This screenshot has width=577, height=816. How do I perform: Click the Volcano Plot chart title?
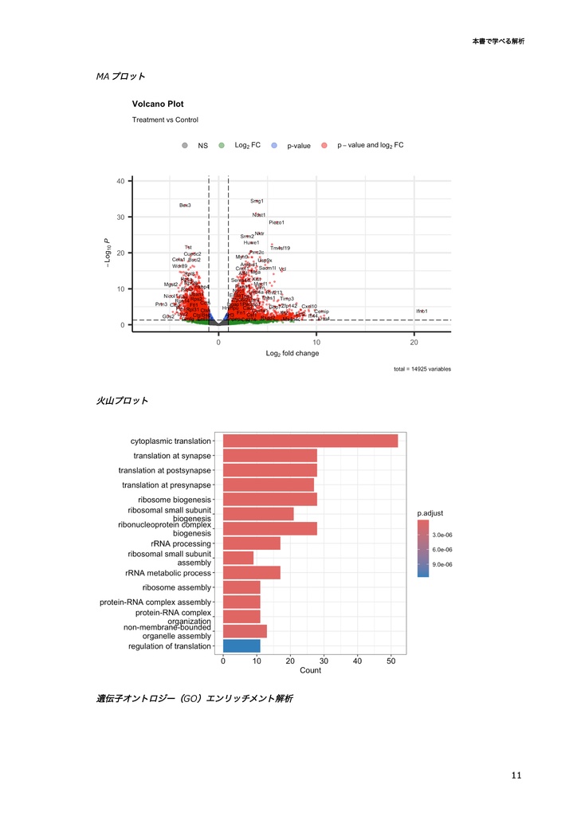(x=158, y=104)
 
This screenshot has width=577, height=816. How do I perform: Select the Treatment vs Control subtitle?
(x=165, y=120)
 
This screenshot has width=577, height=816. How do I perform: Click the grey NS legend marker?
(x=185, y=146)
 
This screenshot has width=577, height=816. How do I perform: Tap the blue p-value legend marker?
(x=274, y=146)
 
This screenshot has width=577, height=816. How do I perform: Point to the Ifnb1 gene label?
(x=421, y=311)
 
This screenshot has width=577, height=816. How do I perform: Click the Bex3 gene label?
(x=185, y=206)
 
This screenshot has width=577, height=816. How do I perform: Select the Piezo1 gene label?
(x=277, y=222)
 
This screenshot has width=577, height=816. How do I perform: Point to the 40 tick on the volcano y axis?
(x=119, y=181)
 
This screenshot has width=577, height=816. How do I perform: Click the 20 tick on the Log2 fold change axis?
(x=414, y=341)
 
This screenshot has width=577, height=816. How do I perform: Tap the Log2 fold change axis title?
(x=292, y=353)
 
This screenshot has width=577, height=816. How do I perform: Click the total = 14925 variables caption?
(x=422, y=369)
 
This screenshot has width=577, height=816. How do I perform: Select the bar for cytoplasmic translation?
(x=310, y=441)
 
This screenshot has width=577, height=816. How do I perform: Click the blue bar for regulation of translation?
(x=241, y=646)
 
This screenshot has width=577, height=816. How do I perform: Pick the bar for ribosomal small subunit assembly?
(x=238, y=558)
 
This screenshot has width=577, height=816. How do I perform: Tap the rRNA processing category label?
(x=181, y=543)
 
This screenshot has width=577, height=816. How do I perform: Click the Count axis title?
(x=310, y=671)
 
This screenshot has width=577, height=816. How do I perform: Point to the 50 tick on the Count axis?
(x=391, y=661)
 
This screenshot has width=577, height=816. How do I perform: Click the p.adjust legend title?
(x=431, y=513)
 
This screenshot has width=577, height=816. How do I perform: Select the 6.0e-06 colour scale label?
(x=442, y=550)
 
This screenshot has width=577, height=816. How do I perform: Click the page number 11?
(x=516, y=775)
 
